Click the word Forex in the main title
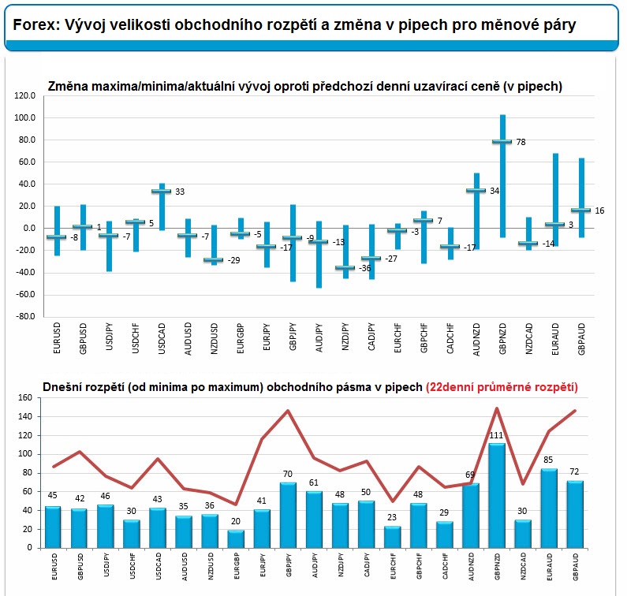(36, 24)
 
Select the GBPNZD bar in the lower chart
(497, 496)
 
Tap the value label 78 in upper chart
(521, 143)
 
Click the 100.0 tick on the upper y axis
(24, 118)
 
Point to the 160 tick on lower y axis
(24, 398)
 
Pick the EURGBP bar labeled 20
(236, 538)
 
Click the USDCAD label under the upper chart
(162, 338)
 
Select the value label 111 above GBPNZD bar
(496, 435)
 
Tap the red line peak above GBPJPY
(288, 411)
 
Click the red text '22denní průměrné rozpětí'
(502, 387)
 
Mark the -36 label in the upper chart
(364, 268)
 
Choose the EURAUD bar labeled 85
(549, 508)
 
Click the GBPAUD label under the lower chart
(576, 567)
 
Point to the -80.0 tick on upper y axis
(24, 317)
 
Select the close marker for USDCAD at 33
(161, 191)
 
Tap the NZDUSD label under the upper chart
(215, 338)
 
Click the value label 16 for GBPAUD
(599, 210)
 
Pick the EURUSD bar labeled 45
(53, 527)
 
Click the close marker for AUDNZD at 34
(476, 190)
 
